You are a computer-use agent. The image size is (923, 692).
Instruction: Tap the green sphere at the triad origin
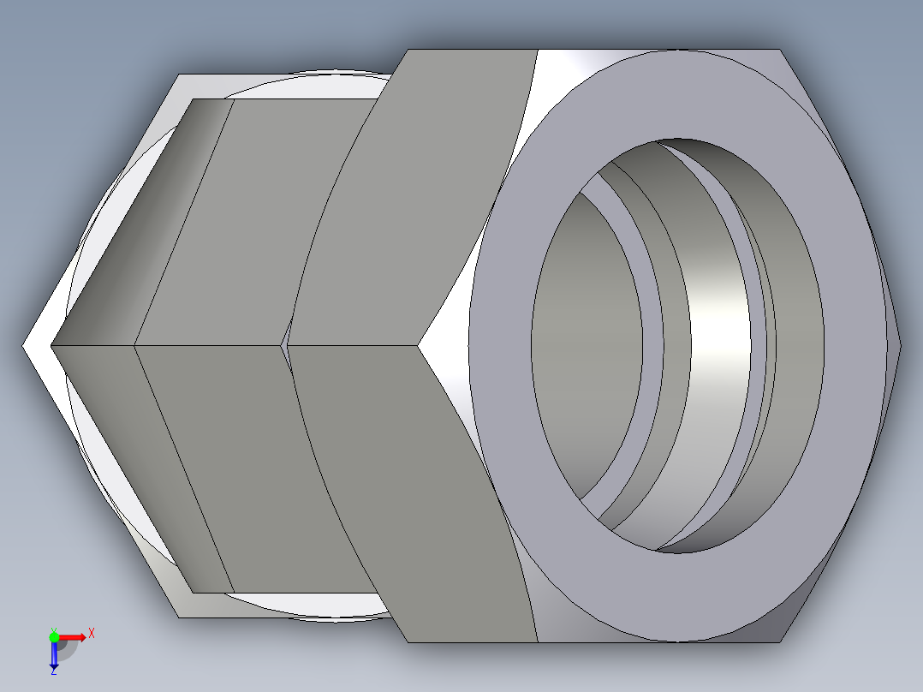coord(54,636)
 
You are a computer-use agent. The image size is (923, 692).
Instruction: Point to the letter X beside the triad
coord(91,633)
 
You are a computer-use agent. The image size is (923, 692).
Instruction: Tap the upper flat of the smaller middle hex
coord(257,223)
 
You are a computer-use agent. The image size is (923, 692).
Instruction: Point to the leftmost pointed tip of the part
coord(24,346)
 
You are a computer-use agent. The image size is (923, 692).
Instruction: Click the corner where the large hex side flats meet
coord(420,346)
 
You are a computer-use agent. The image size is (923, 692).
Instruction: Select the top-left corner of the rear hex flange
coord(180,75)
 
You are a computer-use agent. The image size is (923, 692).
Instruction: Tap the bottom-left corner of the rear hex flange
coord(180,616)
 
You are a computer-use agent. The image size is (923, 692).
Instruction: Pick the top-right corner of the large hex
coord(779,50)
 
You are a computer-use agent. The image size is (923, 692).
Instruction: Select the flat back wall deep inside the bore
coord(587,343)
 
